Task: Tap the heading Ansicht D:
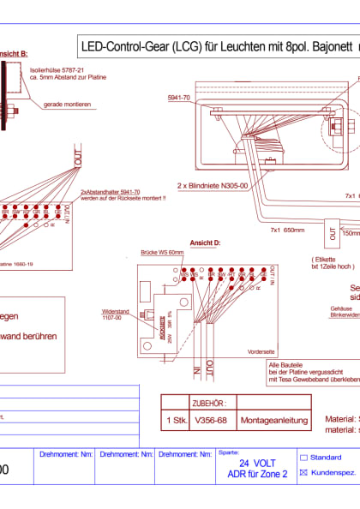[206, 243]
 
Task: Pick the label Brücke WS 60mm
[163, 254]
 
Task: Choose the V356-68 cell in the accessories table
[212, 419]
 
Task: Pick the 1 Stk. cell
[176, 419]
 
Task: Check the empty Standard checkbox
[303, 458]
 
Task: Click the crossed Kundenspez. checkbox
[303, 472]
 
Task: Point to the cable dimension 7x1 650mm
[287, 231]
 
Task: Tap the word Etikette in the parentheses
[323, 256]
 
